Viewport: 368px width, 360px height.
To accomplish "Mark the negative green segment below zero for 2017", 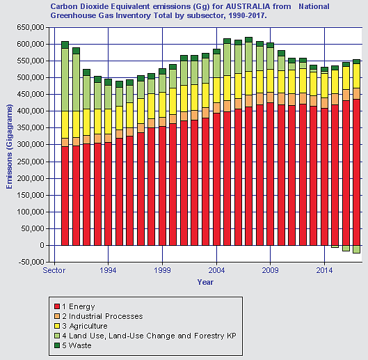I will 356,249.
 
